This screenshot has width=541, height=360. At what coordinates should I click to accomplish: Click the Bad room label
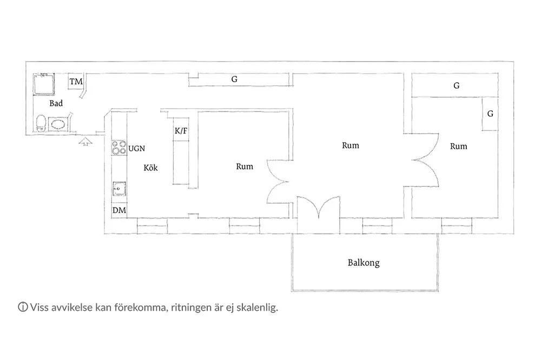[56, 103]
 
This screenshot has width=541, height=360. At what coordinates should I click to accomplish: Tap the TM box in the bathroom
[76, 82]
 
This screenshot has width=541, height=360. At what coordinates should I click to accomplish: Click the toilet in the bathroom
[41, 123]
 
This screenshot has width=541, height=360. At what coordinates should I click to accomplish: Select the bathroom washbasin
[58, 124]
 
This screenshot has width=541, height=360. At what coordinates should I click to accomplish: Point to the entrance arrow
[85, 141]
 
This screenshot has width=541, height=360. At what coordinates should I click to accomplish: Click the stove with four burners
[118, 147]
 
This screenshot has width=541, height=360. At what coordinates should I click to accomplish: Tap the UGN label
[137, 149]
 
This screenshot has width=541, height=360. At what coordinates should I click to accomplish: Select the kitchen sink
[119, 189]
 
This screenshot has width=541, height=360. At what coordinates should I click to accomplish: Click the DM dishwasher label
[119, 210]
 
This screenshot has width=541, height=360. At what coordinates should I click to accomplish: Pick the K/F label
[181, 131]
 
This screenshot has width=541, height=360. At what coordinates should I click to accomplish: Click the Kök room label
[150, 168]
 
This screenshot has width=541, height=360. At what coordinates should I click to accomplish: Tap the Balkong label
[364, 263]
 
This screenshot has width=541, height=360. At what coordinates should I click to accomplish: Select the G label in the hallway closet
[234, 79]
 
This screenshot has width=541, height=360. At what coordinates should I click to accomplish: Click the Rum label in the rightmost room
[459, 146]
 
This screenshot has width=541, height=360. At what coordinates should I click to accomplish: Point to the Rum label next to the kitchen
[245, 166]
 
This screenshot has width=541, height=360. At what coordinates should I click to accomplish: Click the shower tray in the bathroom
[44, 84]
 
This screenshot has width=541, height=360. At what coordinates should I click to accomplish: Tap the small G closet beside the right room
[490, 114]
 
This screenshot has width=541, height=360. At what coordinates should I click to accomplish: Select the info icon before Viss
[23, 307]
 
